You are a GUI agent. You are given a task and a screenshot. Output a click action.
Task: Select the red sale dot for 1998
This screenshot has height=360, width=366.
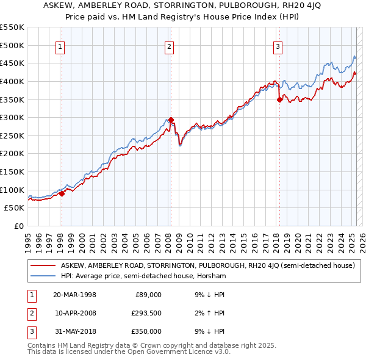pyautogui.click(x=62, y=193)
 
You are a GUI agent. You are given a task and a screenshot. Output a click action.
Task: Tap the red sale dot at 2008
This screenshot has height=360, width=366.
pyautogui.click(x=171, y=120)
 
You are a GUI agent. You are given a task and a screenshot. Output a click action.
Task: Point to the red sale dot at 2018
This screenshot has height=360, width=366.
pyautogui.click(x=279, y=99)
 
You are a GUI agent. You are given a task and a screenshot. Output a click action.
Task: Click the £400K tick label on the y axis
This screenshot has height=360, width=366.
pyautogui.click(x=13, y=81)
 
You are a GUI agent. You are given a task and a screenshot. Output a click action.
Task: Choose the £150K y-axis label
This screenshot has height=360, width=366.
pyautogui.click(x=13, y=171)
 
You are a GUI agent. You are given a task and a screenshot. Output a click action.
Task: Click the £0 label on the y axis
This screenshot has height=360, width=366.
pyautogui.click(x=18, y=226)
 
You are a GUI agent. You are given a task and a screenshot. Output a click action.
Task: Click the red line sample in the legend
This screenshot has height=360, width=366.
pyautogui.click(x=43, y=265)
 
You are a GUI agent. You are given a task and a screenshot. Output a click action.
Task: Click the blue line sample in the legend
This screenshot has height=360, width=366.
pyautogui.click(x=43, y=276)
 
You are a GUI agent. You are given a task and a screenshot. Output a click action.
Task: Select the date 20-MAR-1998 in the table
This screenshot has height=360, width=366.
pyautogui.click(x=75, y=295)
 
